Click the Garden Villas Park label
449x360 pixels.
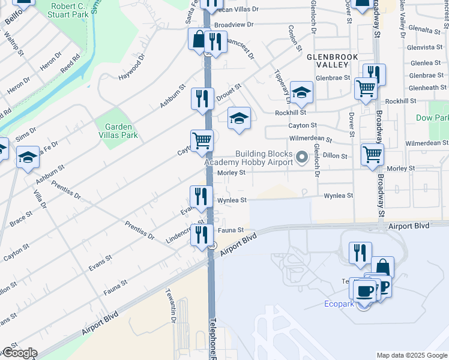(121, 131)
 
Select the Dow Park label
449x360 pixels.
(432, 118)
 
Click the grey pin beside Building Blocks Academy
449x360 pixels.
(303, 158)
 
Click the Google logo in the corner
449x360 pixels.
(20, 353)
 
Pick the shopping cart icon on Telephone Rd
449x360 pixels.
(202, 141)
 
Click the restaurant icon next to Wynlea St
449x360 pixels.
(201, 196)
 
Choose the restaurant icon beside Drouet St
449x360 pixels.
(202, 98)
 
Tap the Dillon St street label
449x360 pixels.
(336, 156)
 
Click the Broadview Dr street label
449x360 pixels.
(234, 25)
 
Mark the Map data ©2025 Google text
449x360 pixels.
(411, 355)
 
